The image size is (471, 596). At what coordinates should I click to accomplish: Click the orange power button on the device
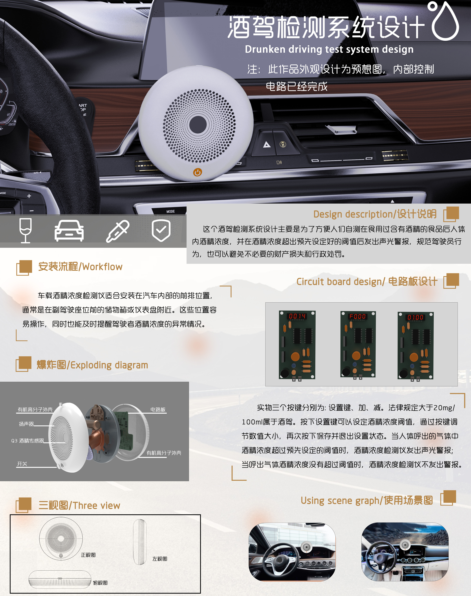coord(197,172)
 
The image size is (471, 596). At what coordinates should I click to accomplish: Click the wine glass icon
coord(25,230)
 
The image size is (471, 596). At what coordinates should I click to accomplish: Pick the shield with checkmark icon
coord(161,230)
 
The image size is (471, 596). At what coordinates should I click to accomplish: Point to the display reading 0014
coord(297,316)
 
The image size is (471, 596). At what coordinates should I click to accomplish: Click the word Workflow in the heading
coord(102,267)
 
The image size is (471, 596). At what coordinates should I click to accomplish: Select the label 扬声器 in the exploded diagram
coord(26,424)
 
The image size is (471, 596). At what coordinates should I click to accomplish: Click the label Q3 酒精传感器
coord(27,441)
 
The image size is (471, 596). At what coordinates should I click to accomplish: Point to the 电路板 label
coord(158,409)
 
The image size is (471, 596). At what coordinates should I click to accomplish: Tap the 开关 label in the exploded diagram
coord(22,464)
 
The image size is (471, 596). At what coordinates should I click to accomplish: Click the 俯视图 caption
coord(100,583)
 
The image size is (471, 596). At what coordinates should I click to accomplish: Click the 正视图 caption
coord(88,555)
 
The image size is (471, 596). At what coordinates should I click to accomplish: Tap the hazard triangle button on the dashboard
coord(267,144)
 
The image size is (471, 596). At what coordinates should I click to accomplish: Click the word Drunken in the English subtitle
coord(265,49)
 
